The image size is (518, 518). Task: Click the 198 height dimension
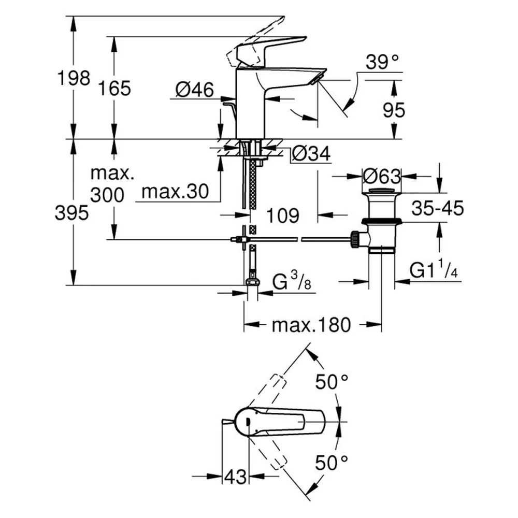tap(74, 78)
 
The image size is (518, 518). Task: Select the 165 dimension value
tap(114, 88)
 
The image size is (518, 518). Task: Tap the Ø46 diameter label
tap(195, 89)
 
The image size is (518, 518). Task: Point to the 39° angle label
tap(382, 62)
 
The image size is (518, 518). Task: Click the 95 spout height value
tap(394, 110)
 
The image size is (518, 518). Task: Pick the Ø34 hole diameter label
tap(311, 153)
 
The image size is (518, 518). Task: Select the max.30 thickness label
tap(175, 192)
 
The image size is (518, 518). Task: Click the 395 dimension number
tap(71, 213)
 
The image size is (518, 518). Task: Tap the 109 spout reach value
tap(283, 215)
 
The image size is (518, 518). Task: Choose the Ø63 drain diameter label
tap(382, 177)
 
